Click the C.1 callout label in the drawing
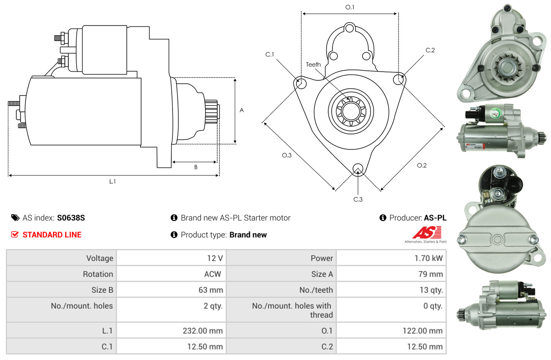(x=269, y=54)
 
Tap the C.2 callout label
(x=430, y=50)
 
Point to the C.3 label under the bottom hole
(x=358, y=199)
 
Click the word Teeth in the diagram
(x=313, y=64)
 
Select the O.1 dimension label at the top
(x=350, y=7)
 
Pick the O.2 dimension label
(x=421, y=165)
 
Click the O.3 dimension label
(x=286, y=155)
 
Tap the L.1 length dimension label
(x=113, y=181)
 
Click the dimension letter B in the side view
(x=196, y=167)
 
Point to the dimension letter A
(x=241, y=111)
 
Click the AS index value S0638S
(x=71, y=218)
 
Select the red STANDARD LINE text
(x=52, y=235)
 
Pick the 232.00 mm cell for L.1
(x=202, y=331)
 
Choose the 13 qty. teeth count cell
(x=431, y=290)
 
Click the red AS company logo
(x=427, y=232)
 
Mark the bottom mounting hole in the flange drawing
(x=358, y=169)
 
